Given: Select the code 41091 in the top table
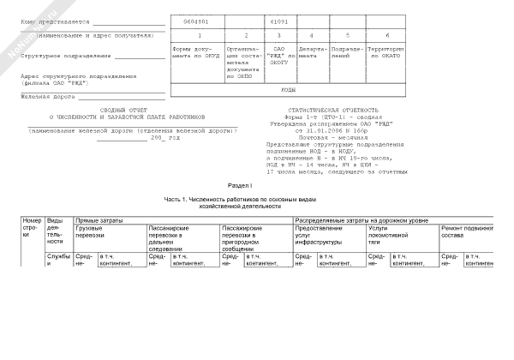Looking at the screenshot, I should [x=278, y=18].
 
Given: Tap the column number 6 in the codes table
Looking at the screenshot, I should [x=387, y=34].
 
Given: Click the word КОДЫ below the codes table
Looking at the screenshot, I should [x=289, y=89].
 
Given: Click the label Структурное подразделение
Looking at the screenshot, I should [x=65, y=56].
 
